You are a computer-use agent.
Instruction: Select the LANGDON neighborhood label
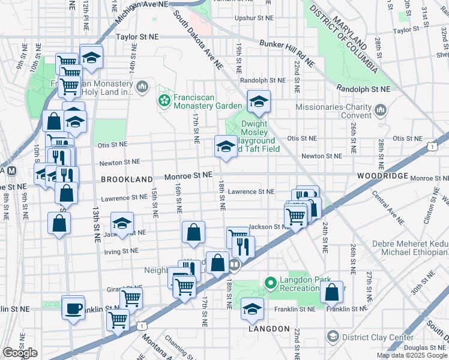pyautogui.click(x=264, y=330)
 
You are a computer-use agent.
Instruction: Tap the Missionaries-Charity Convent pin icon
pyautogui.click(x=381, y=110)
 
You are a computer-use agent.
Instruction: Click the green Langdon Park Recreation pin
pyautogui.click(x=270, y=282)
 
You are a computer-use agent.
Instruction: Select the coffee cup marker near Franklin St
pyautogui.click(x=73, y=308)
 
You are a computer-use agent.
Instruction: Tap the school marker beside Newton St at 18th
pyautogui.click(x=225, y=146)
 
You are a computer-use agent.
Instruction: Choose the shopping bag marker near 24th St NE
pyautogui.click(x=331, y=292)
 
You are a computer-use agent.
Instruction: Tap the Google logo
pyautogui.click(x=20, y=353)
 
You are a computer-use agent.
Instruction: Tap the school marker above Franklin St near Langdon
pyautogui.click(x=253, y=309)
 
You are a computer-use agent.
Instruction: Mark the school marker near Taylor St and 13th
pyautogui.click(x=91, y=57)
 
